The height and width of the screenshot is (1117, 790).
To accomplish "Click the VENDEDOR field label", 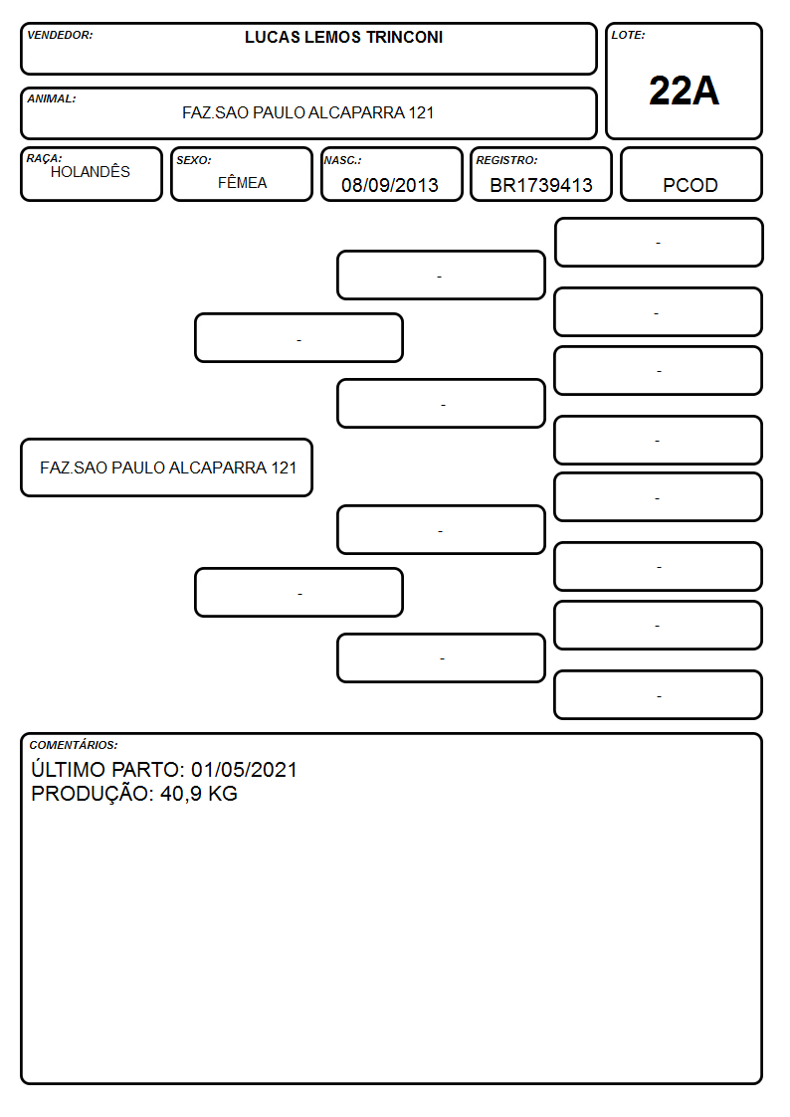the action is [x=60, y=35].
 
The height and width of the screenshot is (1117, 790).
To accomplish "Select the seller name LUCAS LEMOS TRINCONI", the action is [x=343, y=37].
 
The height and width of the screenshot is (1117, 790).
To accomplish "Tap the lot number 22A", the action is [x=684, y=92].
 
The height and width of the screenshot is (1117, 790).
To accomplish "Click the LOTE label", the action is [x=628, y=35].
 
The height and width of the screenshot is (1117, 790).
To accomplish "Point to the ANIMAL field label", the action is [x=52, y=99].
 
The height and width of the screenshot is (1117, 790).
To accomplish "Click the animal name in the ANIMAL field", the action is [x=307, y=112].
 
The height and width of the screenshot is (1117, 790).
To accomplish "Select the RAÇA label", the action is [x=44, y=158].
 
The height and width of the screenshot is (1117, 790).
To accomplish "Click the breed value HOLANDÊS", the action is [x=91, y=172].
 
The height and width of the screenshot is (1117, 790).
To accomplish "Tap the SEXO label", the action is [x=194, y=160].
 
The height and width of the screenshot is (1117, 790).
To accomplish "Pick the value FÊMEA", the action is [x=242, y=183].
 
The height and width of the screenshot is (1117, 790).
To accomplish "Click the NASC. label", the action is [x=342, y=160].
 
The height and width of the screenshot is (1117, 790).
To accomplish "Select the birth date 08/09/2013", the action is [x=390, y=185].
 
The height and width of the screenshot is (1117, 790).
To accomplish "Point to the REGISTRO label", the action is [x=506, y=160].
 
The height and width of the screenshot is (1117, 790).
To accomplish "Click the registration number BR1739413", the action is [x=541, y=185].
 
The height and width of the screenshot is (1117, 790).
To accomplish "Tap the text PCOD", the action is [x=691, y=185].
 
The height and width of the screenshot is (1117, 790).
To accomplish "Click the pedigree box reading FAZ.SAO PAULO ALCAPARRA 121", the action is [x=167, y=467].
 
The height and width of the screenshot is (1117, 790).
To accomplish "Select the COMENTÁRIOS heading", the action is [x=74, y=745].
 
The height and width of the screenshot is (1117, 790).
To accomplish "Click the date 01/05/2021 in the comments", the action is [x=245, y=769].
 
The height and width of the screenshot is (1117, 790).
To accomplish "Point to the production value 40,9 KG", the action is [x=199, y=794].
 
